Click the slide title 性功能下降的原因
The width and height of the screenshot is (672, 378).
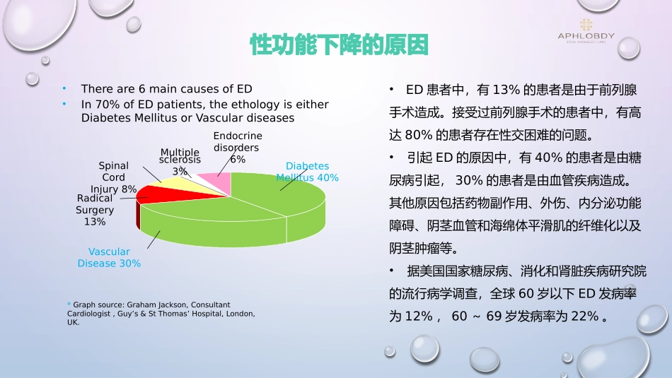tap(339, 45)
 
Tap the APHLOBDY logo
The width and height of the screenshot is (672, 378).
tap(586, 31)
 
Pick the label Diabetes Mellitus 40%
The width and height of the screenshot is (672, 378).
tap(307, 172)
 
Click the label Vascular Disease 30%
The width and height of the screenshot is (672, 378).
tap(109, 257)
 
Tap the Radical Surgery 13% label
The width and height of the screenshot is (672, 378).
tap(95, 210)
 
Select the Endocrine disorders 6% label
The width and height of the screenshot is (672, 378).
tap(238, 148)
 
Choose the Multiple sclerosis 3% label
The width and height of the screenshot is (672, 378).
tap(180, 162)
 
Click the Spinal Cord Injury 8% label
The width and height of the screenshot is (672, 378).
tap(114, 177)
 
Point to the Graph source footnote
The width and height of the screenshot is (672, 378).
tap(161, 314)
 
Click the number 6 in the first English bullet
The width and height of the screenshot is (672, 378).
tap(142, 88)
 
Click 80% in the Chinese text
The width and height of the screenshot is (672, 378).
tap(418, 135)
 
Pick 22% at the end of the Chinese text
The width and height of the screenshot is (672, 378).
tap(585, 316)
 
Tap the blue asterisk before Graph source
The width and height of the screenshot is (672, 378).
tap(69, 304)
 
